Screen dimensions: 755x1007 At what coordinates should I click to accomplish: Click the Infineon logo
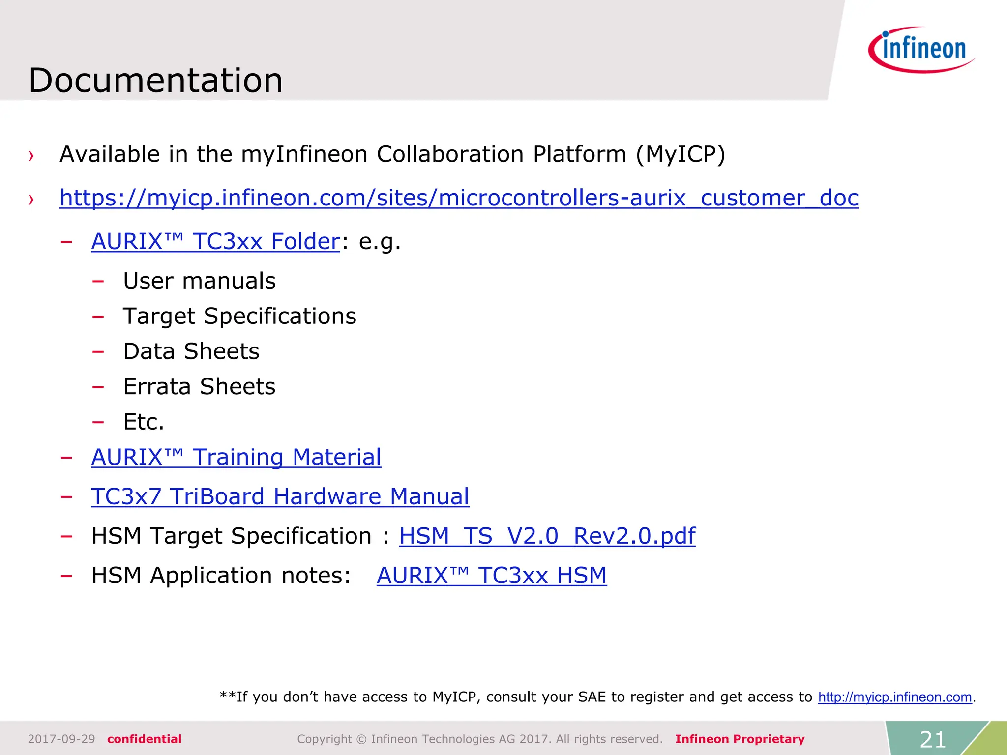[921, 50]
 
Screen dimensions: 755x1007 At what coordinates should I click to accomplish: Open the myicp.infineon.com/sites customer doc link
[459, 198]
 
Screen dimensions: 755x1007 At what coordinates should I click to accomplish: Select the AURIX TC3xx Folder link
[215, 241]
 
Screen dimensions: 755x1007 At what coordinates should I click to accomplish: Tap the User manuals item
[199, 281]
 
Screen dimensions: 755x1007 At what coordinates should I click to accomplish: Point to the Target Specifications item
[239, 316]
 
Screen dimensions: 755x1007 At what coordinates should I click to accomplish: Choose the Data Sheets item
[191, 351]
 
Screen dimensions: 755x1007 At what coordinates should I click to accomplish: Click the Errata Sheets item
[199, 387]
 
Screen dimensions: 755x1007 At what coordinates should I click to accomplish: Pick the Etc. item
[144, 422]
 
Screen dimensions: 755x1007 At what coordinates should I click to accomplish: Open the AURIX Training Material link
[236, 457]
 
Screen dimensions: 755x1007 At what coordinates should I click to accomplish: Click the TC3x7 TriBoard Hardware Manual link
[280, 496]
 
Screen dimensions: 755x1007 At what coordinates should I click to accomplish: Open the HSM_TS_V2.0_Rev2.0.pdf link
[547, 536]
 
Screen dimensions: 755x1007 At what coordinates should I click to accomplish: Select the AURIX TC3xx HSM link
[491, 576]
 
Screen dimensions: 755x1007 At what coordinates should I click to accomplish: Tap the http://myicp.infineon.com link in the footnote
[894, 697]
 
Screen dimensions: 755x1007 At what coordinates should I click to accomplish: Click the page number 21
[932, 739]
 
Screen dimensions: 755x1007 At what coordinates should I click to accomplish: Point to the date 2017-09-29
[61, 739]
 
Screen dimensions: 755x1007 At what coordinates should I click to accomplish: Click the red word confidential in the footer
[144, 739]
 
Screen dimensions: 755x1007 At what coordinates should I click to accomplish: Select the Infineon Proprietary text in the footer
[740, 739]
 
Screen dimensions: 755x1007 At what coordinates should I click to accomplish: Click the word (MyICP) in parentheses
[680, 155]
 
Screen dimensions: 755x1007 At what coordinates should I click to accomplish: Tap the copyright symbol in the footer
[361, 739]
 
